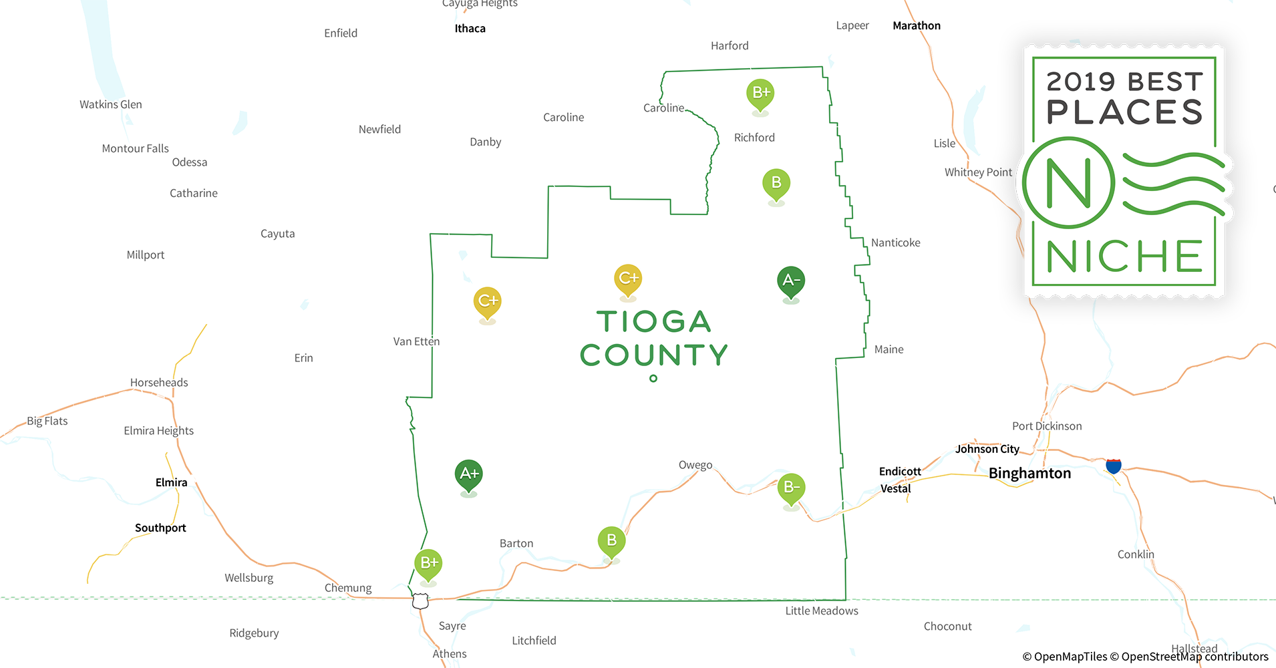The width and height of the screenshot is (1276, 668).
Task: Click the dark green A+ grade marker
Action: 469,474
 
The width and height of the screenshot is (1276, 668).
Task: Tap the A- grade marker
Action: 791,281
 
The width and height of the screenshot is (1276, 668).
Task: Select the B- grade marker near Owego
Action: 791,488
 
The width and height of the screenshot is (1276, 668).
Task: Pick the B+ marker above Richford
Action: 760,94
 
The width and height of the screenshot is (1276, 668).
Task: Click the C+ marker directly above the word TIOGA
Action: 628,279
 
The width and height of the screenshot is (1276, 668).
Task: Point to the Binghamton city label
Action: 1029,474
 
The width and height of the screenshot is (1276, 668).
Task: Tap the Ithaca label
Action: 470,29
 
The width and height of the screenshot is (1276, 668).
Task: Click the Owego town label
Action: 695,465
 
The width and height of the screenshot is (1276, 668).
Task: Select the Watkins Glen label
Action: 111,105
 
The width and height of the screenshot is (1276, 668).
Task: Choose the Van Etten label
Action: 416,342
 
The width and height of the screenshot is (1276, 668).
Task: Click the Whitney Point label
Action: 978,172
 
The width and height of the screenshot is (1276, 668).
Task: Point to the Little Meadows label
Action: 822,611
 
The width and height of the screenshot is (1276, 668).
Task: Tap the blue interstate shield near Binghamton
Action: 1114,466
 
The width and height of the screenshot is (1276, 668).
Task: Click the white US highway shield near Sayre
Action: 420,601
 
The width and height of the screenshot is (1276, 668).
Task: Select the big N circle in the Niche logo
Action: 1068,182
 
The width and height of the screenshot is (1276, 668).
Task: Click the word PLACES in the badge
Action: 1124,112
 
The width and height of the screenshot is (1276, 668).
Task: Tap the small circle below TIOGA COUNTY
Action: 653,379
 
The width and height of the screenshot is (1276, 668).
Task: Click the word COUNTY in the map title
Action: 653,355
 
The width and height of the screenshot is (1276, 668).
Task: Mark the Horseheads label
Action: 159,383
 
